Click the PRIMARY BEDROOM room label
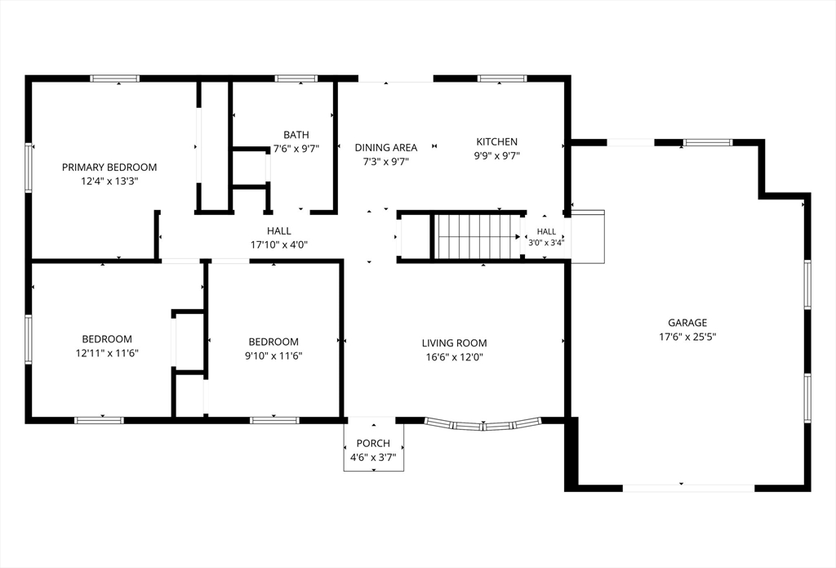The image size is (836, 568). tap(109, 167)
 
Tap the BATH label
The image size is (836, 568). tap(296, 135)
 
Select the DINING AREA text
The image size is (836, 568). tap(386, 147)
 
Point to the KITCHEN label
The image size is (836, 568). tap(497, 141)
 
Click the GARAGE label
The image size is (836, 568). tap(687, 323)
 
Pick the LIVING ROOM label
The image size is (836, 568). tap(454, 342)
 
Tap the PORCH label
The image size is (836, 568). tap(373, 443)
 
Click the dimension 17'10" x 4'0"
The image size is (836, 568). tap(279, 245)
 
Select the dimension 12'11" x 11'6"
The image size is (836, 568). tap(107, 353)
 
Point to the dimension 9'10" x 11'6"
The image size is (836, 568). tap(273, 356)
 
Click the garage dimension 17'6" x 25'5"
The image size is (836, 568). tap(687, 337)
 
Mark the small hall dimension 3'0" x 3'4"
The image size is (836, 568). tap(546, 243)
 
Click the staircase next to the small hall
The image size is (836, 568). tap(477, 236)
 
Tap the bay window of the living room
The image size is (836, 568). tap(483, 426)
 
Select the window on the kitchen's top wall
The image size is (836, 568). tap(502, 78)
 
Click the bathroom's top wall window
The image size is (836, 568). tap(296, 78)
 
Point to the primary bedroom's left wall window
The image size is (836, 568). tap(29, 167)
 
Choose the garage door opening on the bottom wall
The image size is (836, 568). tap(689, 488)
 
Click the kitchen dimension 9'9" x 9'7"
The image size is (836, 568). tap(497, 156)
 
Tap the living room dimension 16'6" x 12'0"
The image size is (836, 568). tap(454, 357)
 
